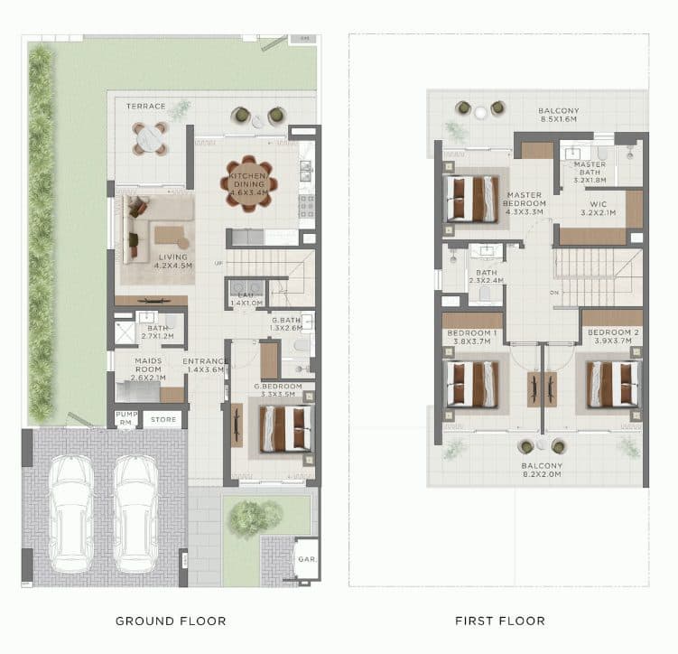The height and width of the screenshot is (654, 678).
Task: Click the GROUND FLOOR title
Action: (171, 621)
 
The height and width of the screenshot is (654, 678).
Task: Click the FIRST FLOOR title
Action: (498, 621)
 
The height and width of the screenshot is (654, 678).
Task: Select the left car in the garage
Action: (70, 512)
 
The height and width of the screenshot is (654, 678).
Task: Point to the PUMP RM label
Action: (126, 418)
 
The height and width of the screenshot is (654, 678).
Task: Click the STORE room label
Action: (163, 419)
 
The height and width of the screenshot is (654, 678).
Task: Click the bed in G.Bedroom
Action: (285, 429)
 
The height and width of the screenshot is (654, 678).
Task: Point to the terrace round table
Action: (149, 136)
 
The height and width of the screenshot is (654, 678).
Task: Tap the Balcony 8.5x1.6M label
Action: (559, 115)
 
